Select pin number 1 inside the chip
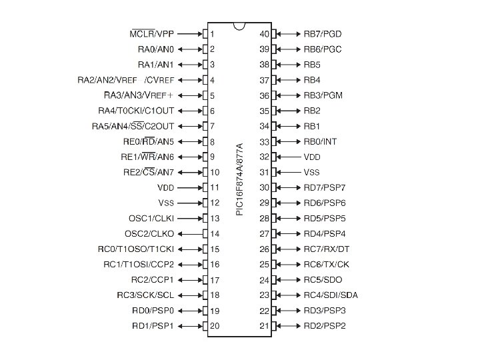(x=213, y=33)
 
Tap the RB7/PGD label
(x=322, y=33)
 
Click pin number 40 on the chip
(x=265, y=33)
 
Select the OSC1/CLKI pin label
(x=151, y=218)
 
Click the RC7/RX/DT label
(x=326, y=249)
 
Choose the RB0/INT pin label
(x=320, y=141)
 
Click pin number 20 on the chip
(x=215, y=326)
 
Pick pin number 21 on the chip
(x=265, y=326)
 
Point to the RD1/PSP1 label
(x=153, y=326)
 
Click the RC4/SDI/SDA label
(x=330, y=295)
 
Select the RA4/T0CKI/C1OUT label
(x=136, y=111)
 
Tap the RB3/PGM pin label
(x=323, y=95)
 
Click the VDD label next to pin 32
(x=313, y=157)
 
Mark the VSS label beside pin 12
(x=166, y=203)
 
